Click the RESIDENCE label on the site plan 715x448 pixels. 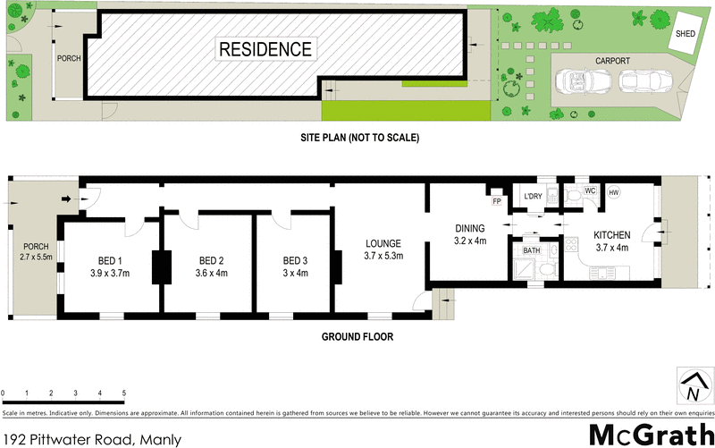click(267, 49)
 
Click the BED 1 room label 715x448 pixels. click(112, 261)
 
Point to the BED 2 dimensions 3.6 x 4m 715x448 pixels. click(212, 273)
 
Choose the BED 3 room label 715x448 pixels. click(296, 261)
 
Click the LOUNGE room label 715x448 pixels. click(383, 243)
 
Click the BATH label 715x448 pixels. click(532, 251)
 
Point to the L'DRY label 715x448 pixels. click(533, 198)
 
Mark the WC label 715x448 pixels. click(590, 191)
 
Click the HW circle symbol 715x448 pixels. click(613, 192)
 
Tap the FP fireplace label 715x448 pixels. click(494, 189)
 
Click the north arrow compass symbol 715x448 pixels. click(691, 385)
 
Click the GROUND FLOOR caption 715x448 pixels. click(357, 337)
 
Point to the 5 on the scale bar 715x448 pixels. click(123, 393)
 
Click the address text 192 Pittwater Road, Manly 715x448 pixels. click(91, 438)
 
